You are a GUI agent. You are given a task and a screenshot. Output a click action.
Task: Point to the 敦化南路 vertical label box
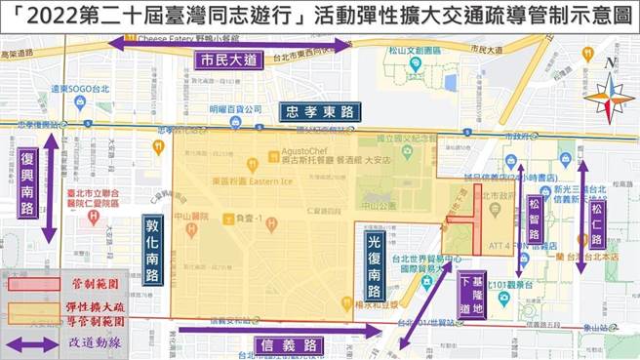coord(152,249)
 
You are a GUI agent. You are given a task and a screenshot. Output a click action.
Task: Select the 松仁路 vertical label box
coord(597,224)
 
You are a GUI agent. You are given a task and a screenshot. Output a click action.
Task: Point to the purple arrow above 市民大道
coord(230,42)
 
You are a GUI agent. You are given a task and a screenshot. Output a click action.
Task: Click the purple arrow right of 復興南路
coord(51,195)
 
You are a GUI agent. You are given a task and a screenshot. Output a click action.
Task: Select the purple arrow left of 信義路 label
coord(209,331)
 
